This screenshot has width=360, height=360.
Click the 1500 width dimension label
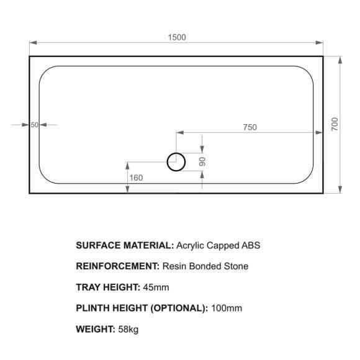point(177,37)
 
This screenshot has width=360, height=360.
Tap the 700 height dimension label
point(335,124)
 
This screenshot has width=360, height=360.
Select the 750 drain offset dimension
point(250,127)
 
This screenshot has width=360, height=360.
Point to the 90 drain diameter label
point(202,162)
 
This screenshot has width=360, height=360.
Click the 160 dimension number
point(136,178)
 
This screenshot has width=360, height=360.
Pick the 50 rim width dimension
point(34,125)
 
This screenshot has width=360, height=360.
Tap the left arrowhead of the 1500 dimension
point(34,42)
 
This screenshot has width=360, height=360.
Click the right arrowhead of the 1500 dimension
point(319,42)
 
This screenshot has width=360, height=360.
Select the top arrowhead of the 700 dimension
point(340,60)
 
